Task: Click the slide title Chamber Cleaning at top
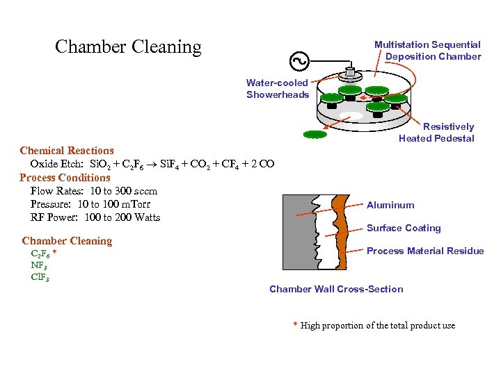click(x=128, y=47)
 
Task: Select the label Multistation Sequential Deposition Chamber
click(x=428, y=51)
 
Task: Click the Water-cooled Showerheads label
click(x=277, y=89)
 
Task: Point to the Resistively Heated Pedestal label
click(x=436, y=132)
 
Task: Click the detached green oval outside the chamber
click(x=315, y=134)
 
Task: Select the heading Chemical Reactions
click(x=67, y=151)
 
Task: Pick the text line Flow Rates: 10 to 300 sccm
click(x=94, y=191)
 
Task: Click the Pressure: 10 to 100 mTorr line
click(x=90, y=204)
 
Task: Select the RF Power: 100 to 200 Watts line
click(x=95, y=217)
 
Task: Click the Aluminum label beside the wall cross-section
click(x=390, y=205)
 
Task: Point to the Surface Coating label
click(x=404, y=228)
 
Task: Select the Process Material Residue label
click(x=425, y=251)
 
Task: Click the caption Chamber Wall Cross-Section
click(x=336, y=289)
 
